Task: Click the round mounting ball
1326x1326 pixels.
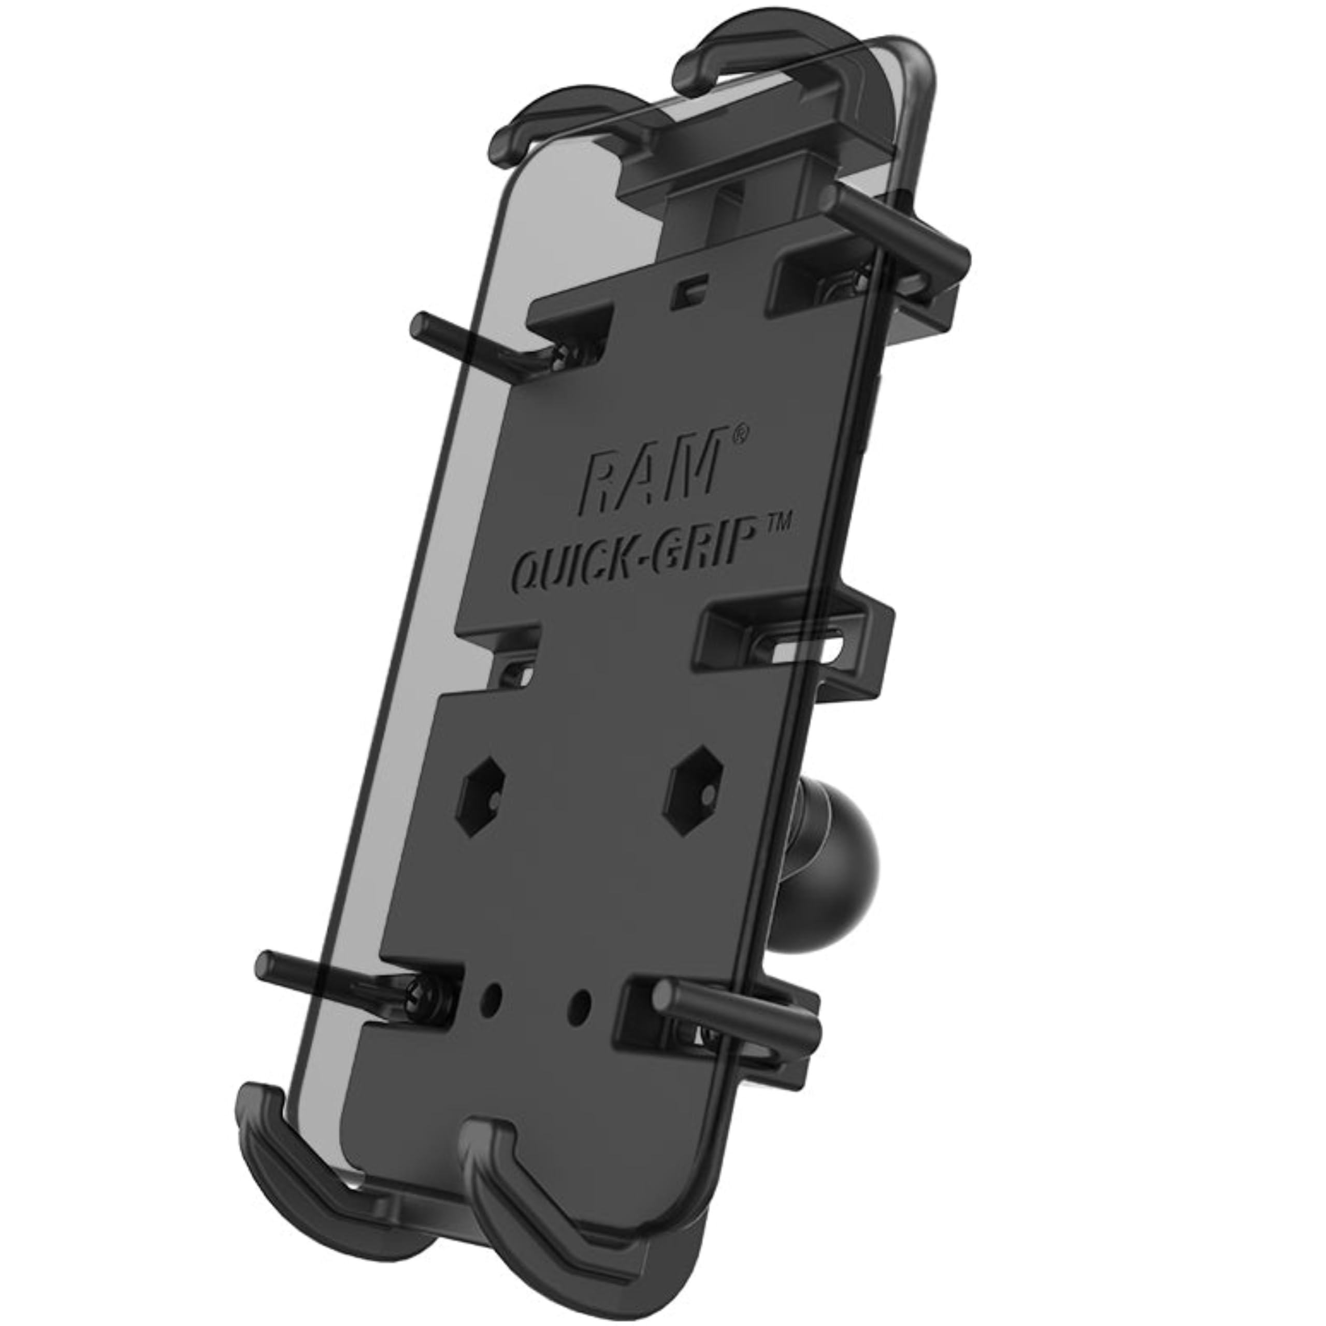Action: [x=834, y=834]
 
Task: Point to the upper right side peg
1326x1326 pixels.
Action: [x=892, y=226]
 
